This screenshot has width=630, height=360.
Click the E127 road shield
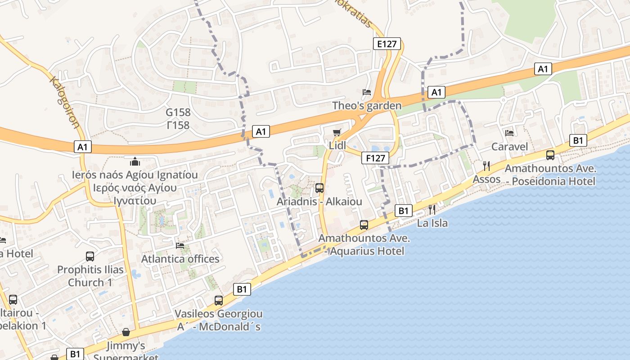387,44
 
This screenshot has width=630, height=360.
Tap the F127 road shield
375,158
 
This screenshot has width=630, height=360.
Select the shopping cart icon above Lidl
337,132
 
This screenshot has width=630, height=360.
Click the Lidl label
337,145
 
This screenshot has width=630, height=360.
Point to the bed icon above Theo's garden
367,92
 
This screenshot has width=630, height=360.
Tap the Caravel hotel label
509,147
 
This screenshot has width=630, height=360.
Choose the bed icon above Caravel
509,133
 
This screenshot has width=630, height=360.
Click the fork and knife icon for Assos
486,166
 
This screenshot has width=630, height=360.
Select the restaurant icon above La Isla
432,209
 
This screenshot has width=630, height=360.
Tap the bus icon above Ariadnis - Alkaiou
319,188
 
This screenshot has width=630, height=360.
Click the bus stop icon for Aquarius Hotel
364,225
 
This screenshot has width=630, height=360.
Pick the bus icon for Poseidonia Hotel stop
550,155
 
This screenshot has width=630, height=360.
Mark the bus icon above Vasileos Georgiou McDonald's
219,300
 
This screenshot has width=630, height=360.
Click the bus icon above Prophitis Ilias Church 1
90,256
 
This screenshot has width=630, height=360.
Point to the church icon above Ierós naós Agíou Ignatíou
135,161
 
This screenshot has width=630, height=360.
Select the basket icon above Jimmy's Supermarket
126,332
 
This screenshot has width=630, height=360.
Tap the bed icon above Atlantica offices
180,245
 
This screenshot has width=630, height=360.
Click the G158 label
178,112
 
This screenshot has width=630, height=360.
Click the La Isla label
432,223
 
